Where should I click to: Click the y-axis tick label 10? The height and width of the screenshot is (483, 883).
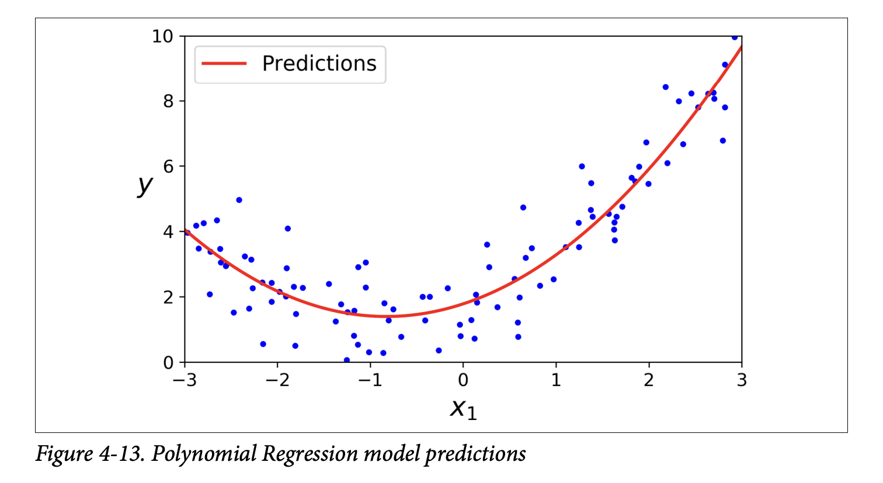pyautogui.click(x=162, y=36)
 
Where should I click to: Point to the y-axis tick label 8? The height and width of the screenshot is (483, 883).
pyautogui.click(x=168, y=101)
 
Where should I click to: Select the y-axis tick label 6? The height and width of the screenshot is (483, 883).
pyautogui.click(x=168, y=167)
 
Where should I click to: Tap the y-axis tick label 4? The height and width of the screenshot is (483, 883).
pyautogui.click(x=168, y=232)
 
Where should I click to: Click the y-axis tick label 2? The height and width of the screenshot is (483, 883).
pyautogui.click(x=168, y=297)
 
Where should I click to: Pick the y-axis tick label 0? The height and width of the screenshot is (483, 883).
pyautogui.click(x=168, y=363)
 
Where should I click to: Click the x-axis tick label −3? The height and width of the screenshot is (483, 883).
pyautogui.click(x=184, y=380)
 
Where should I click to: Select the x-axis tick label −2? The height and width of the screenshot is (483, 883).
pyautogui.click(x=277, y=380)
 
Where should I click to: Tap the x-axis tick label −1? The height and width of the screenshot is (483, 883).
pyautogui.click(x=370, y=380)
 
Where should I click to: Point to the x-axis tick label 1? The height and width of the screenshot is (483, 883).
pyautogui.click(x=556, y=380)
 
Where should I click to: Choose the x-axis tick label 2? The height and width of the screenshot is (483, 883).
pyautogui.click(x=649, y=380)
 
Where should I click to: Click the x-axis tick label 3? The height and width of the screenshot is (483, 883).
pyautogui.click(x=742, y=380)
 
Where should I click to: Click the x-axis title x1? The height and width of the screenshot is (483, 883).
pyautogui.click(x=463, y=408)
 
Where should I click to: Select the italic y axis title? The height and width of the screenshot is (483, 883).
pyautogui.click(x=144, y=185)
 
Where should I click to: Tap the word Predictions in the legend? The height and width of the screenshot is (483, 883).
pyautogui.click(x=319, y=64)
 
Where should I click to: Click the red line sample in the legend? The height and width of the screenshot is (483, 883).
pyautogui.click(x=224, y=64)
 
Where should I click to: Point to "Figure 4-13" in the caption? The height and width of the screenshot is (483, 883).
pyautogui.click(x=90, y=454)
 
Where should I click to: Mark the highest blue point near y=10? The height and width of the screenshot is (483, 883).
pyautogui.click(x=735, y=37)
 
